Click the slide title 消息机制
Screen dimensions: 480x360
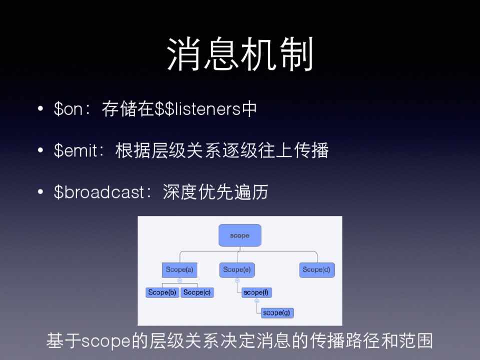tap(240, 54)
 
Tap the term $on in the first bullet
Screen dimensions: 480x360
tap(68, 109)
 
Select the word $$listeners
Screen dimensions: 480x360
tap(198, 109)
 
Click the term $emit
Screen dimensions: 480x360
tap(76, 150)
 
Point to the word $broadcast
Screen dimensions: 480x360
tap(99, 192)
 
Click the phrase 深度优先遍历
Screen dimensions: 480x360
tap(215, 192)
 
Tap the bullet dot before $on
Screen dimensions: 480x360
tap(40, 108)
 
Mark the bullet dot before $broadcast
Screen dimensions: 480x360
tap(40, 192)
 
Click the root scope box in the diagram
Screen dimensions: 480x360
tap(240, 235)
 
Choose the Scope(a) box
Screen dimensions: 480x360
tap(179, 270)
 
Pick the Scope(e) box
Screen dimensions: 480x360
tap(237, 270)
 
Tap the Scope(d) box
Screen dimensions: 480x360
tap(317, 270)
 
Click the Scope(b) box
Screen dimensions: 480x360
tap(162, 292)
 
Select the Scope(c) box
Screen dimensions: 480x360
tap(197, 292)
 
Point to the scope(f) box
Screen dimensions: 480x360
tap(256, 292)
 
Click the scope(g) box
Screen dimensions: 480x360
tap(277, 313)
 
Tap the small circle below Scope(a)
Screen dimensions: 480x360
tap(180, 280)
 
